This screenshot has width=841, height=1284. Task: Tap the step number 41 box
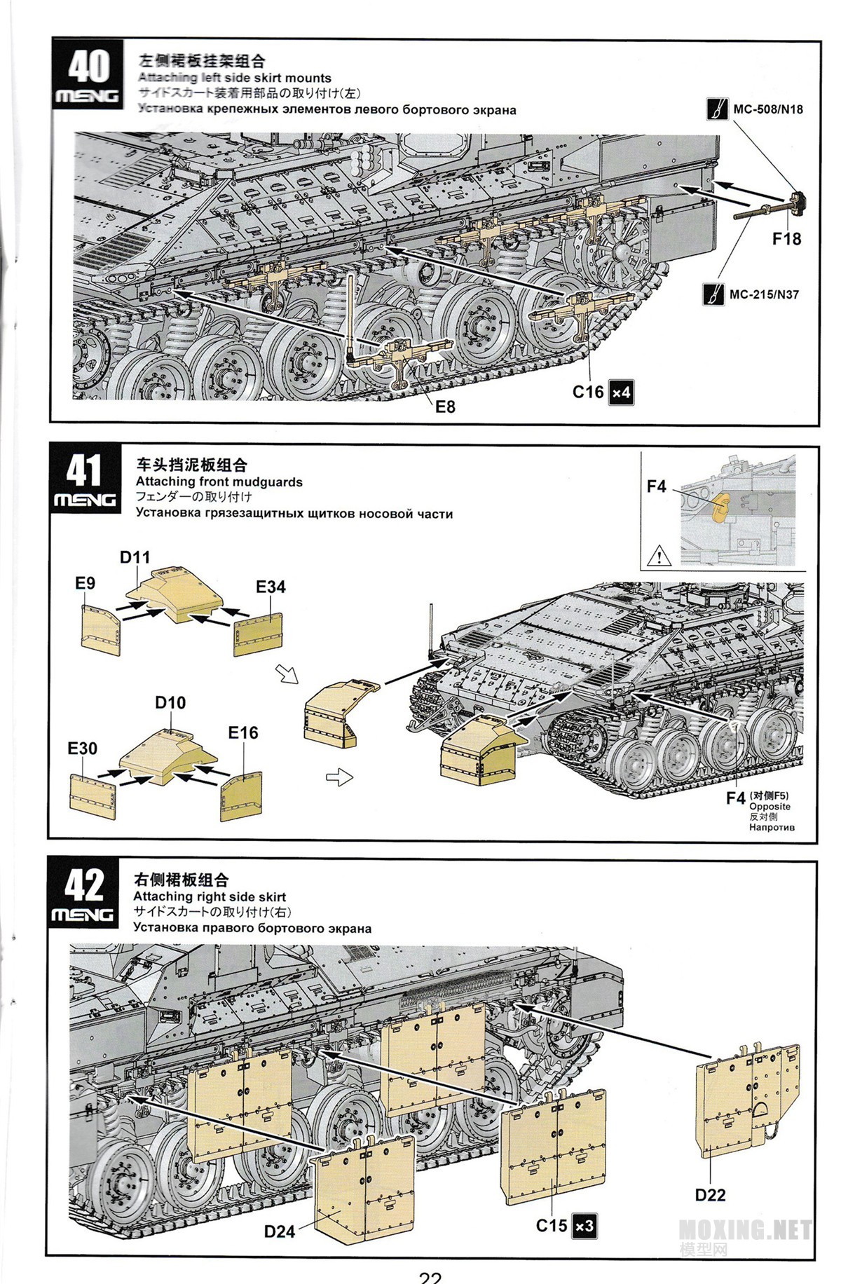coord(85,479)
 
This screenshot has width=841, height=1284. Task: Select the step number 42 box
coord(83,894)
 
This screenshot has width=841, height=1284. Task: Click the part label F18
coord(786,239)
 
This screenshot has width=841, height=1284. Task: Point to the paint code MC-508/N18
coord(767,109)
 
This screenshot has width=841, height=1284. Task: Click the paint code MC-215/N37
coord(763,294)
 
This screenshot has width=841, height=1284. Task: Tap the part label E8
coord(445,407)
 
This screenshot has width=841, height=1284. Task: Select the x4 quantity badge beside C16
coord(621,392)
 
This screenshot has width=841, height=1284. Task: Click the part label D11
coord(135,557)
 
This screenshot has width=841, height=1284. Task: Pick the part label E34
coord(271,587)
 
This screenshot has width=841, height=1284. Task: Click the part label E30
coord(82,749)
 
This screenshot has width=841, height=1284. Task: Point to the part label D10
coord(170,702)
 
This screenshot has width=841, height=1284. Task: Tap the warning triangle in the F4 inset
coord(659,556)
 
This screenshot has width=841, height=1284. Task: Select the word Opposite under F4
coord(770,807)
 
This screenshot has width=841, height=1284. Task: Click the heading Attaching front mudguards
coord(219,482)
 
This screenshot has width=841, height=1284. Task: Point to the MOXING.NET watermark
coord(745,1230)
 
